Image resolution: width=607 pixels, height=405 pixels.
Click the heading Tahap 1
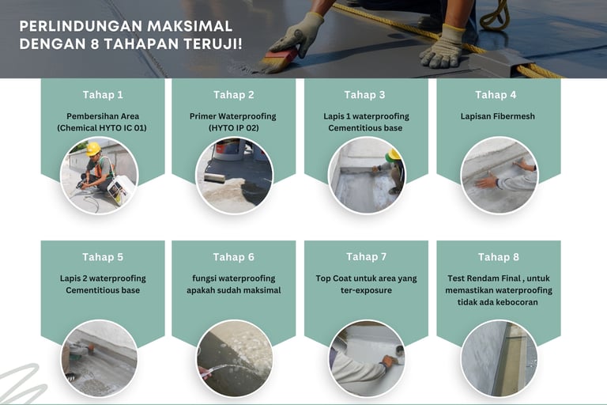pyautogui.click(x=103, y=95)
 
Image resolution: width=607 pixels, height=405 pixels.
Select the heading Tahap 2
pyautogui.click(x=234, y=95)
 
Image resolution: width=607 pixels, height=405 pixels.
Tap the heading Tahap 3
pyautogui.click(x=364, y=95)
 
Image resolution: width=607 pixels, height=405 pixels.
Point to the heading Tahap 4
pyautogui.click(x=496, y=95)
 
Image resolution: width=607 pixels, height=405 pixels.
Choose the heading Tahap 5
pyautogui.click(x=103, y=257)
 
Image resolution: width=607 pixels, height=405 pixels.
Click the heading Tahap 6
pyautogui.click(x=234, y=257)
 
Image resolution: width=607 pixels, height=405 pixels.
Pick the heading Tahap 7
pyautogui.click(x=366, y=256)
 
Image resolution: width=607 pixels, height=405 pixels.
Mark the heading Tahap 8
pyautogui.click(x=498, y=257)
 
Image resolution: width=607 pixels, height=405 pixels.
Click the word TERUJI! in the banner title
pyautogui.click(x=213, y=44)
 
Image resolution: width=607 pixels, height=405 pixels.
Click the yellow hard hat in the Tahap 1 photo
pyautogui.click(x=93, y=149)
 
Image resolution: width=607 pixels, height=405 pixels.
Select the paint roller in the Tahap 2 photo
pyautogui.click(x=214, y=177)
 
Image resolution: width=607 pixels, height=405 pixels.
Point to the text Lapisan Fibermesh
pyautogui.click(x=497, y=116)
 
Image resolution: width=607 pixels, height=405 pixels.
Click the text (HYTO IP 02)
pyautogui.click(x=233, y=128)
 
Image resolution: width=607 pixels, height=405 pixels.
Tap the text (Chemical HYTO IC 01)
pyautogui.click(x=102, y=128)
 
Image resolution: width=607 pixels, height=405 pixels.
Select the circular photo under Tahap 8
pyautogui.click(x=499, y=358)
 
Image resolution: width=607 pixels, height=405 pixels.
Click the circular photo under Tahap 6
pyautogui.click(x=234, y=358)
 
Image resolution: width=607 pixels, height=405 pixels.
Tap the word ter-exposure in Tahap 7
pyautogui.click(x=366, y=290)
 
